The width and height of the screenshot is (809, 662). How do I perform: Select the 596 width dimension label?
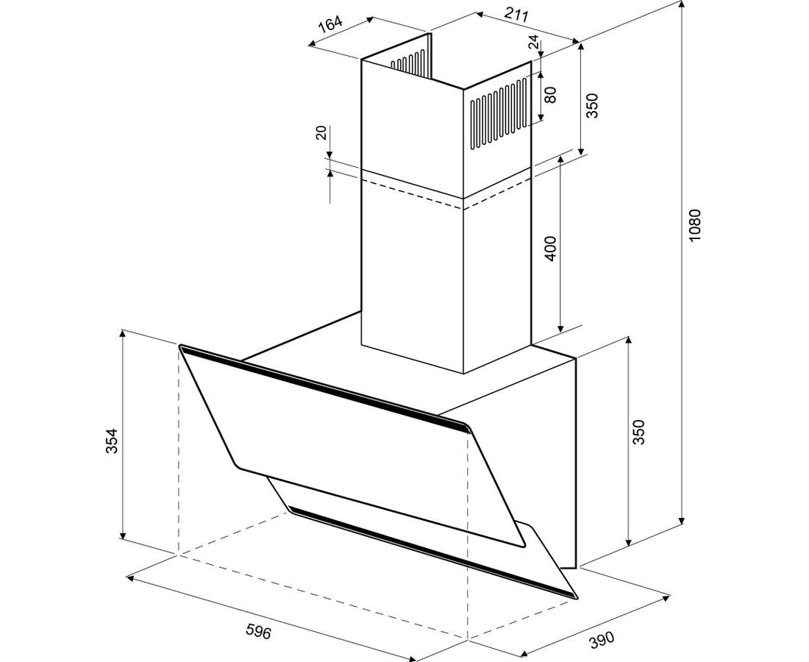pyautogui.click(x=258, y=630)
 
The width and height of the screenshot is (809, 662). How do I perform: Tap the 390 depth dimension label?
pyautogui.click(x=602, y=638)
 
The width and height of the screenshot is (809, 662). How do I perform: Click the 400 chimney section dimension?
pyautogui.click(x=551, y=248)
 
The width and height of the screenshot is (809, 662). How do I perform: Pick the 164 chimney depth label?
pyautogui.click(x=329, y=24)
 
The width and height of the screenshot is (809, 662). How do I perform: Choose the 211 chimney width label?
pyautogui.click(x=516, y=15)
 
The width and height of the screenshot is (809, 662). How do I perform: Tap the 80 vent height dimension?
pyautogui.click(x=551, y=94)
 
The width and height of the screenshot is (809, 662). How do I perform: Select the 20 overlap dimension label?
pyautogui.click(x=321, y=132)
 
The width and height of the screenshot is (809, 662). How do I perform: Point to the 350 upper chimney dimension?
pyautogui.click(x=591, y=105)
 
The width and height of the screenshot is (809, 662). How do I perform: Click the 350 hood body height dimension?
pyautogui.click(x=638, y=433)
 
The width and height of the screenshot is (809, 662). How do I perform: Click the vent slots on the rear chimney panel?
pyautogui.click(x=407, y=61)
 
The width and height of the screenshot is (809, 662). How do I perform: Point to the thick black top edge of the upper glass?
pyautogui.click(x=325, y=388)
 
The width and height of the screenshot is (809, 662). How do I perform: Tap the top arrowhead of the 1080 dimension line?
pyautogui.click(x=683, y=4)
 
